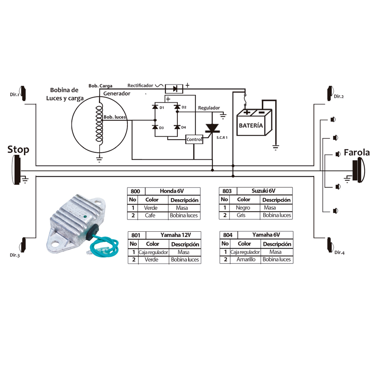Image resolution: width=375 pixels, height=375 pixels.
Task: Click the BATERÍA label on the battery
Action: coord(250,125)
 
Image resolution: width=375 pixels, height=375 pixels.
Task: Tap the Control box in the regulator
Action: coord(194,139)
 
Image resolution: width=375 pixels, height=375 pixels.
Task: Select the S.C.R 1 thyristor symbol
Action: coord(212,128)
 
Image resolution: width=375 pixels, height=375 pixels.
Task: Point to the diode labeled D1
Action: coord(155,106)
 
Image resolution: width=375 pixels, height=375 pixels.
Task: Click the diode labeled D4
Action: coord(177,127)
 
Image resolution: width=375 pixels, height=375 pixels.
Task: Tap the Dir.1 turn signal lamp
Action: coord(23,93)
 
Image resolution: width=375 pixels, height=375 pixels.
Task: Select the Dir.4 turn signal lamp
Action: coord(330,245)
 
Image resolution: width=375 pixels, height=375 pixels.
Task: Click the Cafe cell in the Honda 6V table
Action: coord(150,216)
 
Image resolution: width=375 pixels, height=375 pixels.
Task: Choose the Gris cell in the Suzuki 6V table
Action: coord(241,215)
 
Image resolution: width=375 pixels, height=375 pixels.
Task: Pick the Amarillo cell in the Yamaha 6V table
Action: coord(246,259)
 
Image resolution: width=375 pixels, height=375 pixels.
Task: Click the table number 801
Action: coord(136,235)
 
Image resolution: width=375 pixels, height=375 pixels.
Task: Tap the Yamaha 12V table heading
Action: coord(175,235)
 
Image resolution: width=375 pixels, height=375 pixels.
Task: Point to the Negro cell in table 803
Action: coord(243,208)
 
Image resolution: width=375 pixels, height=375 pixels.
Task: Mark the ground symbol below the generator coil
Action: coord(99,159)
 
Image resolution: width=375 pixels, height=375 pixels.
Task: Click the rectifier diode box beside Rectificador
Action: coord(174,89)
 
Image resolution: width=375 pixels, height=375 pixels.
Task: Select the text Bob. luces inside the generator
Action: coord(114,117)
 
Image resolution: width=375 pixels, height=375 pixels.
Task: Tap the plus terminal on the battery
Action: coord(247,112)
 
